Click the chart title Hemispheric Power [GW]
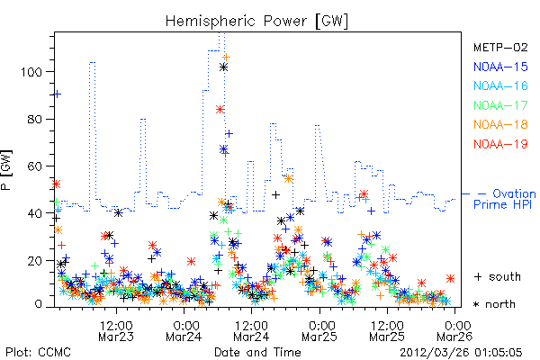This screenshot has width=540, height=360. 256,21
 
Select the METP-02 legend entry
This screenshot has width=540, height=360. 500,47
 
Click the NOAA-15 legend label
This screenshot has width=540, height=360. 500,67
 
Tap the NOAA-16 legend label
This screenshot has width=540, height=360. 500,85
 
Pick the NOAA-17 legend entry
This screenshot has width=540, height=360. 500,105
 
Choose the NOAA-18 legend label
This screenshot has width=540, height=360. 500,124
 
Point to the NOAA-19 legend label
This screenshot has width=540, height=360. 500,144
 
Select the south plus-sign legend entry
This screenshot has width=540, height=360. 498,276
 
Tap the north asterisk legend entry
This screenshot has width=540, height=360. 494,304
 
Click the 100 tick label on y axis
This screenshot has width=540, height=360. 31,72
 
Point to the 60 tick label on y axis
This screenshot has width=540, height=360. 35,166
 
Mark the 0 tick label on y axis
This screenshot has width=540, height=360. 38,304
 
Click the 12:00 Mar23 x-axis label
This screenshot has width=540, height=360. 116,331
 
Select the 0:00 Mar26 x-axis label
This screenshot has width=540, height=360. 454,331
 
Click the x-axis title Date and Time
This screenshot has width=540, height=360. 257,353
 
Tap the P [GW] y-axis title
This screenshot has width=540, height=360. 6,170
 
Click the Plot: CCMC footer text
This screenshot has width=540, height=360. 38,353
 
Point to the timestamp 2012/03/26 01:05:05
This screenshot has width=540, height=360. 461,353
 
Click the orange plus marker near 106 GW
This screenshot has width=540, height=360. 226,58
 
